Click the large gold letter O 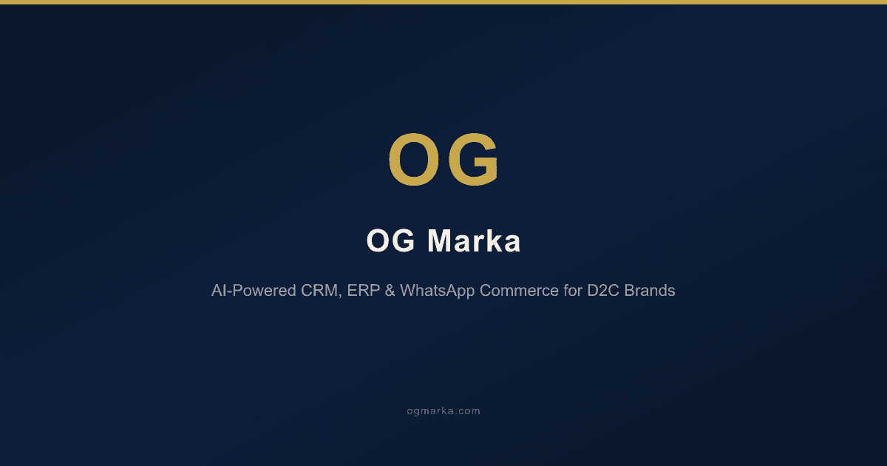click(415, 160)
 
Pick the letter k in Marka click(492, 242)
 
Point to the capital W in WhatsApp click(407, 291)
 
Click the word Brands click(650, 291)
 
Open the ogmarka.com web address click(443, 411)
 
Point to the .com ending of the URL click(468, 411)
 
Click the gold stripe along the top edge click(443, 2)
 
